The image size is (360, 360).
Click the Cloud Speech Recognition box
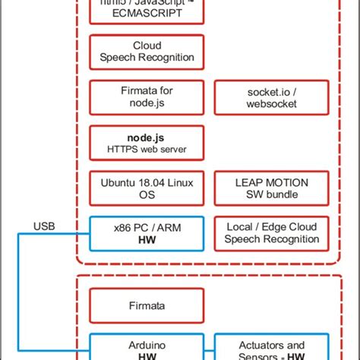(147, 51)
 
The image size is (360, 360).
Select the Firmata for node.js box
(147, 96)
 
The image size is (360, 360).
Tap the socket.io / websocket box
(271, 96)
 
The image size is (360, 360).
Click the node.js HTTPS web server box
(147, 142)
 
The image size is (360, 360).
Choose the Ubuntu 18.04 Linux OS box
(147, 188)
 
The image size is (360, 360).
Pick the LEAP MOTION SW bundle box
(271, 188)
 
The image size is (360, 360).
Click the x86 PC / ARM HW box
(147, 233)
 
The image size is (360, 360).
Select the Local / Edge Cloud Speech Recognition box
(271, 233)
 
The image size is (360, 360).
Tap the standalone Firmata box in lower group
(147, 305)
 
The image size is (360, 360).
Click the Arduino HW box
(147, 346)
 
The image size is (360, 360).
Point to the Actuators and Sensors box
(271, 346)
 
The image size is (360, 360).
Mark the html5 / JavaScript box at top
(147, 9)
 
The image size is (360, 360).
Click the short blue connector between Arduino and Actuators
(210, 347)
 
